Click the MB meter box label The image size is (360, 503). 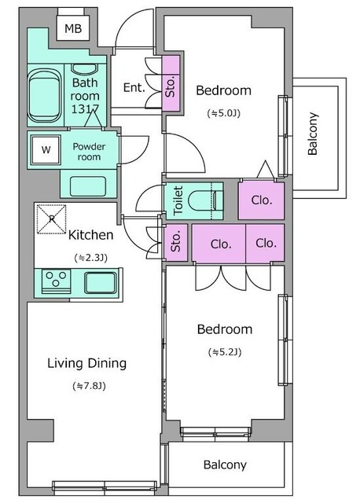tap(73, 29)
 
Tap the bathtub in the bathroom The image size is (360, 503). tap(45, 96)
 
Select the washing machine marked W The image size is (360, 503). tap(46, 149)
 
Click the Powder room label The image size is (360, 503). tap(89, 152)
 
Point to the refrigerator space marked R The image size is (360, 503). tap(52, 219)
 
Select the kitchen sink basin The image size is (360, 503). tap(101, 282)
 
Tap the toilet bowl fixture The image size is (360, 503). tap(204, 201)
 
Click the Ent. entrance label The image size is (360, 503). tap(134, 87)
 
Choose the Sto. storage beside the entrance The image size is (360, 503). tap(171, 83)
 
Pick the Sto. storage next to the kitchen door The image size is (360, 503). tap(175, 242)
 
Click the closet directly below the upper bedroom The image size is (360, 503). tap(261, 201)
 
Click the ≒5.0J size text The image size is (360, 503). tap(224, 113)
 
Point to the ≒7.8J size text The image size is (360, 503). tap(89, 386)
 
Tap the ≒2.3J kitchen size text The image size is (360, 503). tap(90, 258)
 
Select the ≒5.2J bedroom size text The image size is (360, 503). tap(225, 352)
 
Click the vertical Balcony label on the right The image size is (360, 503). tap(312, 134)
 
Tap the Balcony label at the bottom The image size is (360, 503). tap(225, 464)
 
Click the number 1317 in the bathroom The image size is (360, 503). tap(85, 109)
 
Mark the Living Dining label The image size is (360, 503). tap(87, 364)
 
